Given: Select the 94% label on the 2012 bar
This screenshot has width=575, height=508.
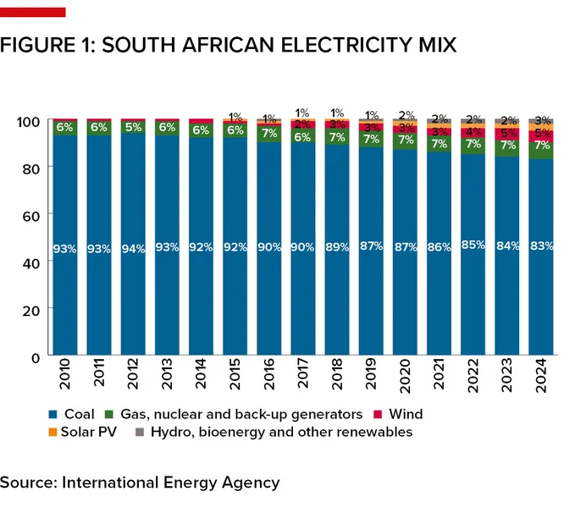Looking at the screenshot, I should click(134, 247).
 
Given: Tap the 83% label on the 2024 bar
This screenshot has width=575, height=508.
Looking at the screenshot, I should click(541, 246).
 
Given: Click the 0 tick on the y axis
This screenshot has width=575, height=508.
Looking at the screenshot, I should click(34, 357).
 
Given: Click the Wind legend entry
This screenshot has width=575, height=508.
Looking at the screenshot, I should click(402, 414).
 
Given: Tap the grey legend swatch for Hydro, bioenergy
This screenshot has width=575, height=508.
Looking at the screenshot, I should click(140, 433).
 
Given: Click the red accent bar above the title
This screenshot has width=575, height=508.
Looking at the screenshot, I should click(32, 11).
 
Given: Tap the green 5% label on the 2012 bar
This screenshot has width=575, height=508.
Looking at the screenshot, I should click(134, 128).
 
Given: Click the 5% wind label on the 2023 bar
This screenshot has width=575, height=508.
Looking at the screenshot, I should click(507, 133).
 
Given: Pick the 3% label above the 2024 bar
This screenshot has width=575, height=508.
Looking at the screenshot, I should click(541, 120).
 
